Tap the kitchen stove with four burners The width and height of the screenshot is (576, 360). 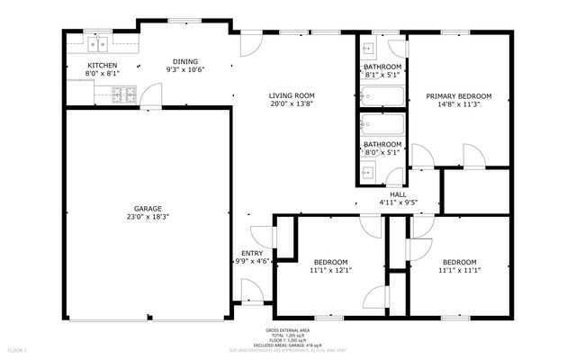(x=123, y=95)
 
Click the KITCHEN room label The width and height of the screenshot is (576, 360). (x=102, y=67)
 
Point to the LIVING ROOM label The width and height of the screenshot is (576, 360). (x=292, y=95)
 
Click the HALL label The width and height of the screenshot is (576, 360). (x=398, y=194)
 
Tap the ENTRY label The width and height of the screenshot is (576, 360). (x=252, y=253)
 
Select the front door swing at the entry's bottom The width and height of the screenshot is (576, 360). (x=253, y=289)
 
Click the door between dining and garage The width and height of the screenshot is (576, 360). (x=153, y=94)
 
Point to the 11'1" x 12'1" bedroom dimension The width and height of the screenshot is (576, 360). (x=330, y=269)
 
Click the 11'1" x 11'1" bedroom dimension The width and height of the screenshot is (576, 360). (x=459, y=269)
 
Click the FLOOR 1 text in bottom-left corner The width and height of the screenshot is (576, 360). (x=17, y=349)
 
